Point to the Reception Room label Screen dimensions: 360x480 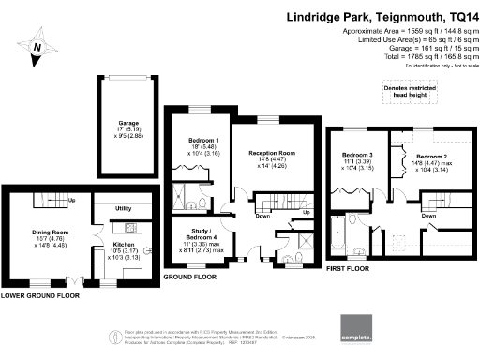click(272, 152)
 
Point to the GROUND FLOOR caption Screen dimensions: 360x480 click(187, 277)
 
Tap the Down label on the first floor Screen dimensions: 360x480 click(428, 214)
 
